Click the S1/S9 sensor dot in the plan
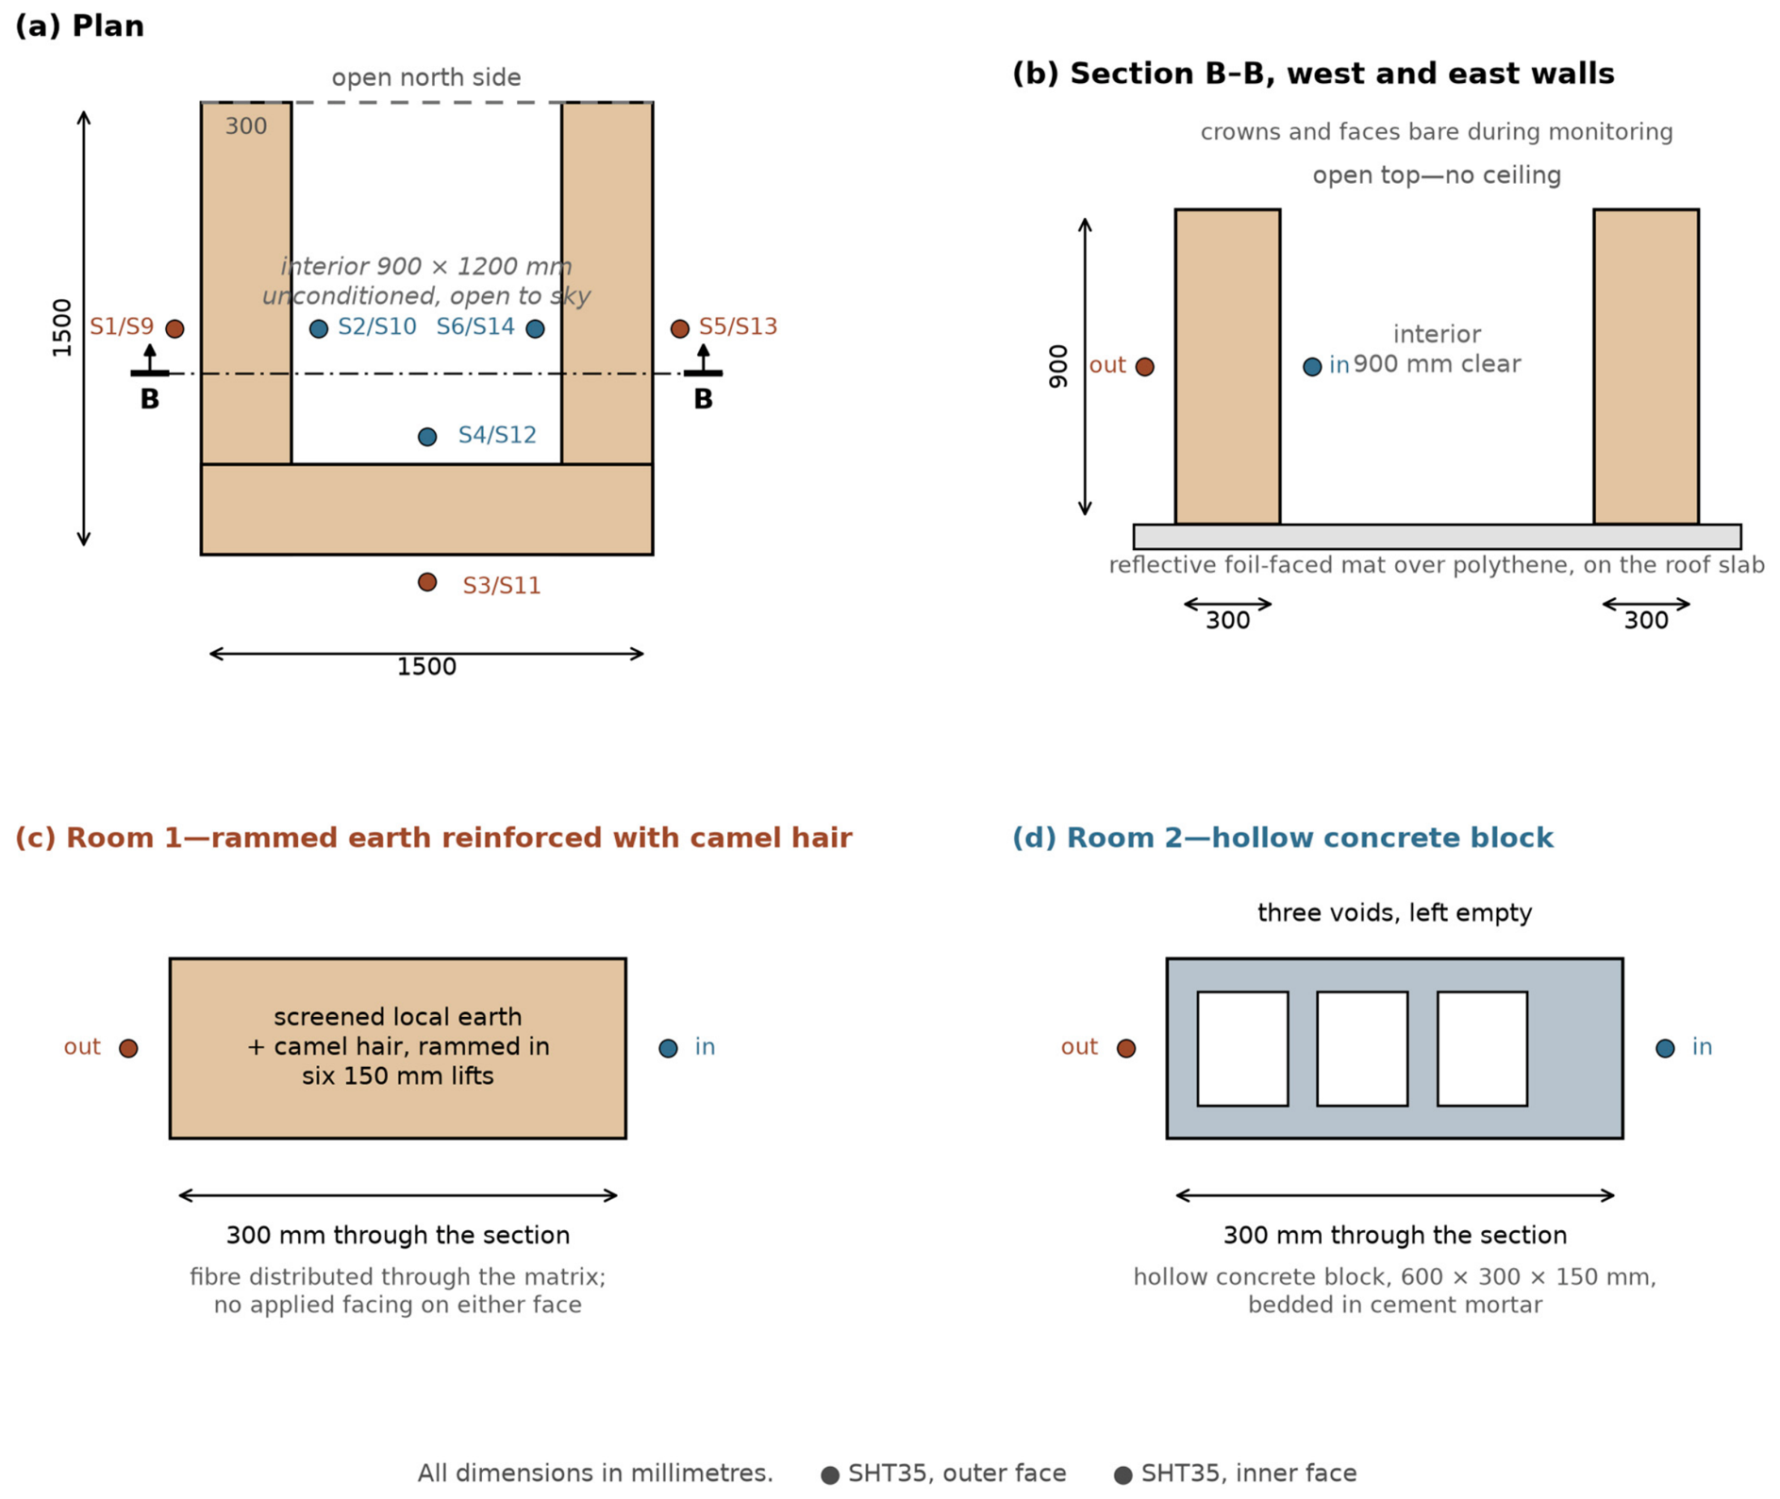tap(175, 328)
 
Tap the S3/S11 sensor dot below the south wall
tap(427, 582)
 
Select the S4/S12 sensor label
tap(497, 435)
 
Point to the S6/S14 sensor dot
tap(535, 328)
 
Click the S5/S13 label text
tap(738, 326)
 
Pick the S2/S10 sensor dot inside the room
tap(319, 328)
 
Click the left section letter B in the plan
tap(150, 399)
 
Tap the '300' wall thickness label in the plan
tap(246, 126)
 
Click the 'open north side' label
tap(426, 77)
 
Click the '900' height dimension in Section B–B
tap(1058, 366)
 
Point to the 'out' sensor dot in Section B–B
tap(1144, 366)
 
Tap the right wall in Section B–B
tap(1646, 366)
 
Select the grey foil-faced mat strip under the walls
tap(1437, 537)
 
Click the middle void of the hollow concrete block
tap(1362, 1048)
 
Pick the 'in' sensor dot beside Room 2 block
tap(1665, 1048)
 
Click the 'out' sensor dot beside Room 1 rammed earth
tap(128, 1048)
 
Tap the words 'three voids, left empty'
tap(1394, 913)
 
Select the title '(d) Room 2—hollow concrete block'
tap(1282, 838)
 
